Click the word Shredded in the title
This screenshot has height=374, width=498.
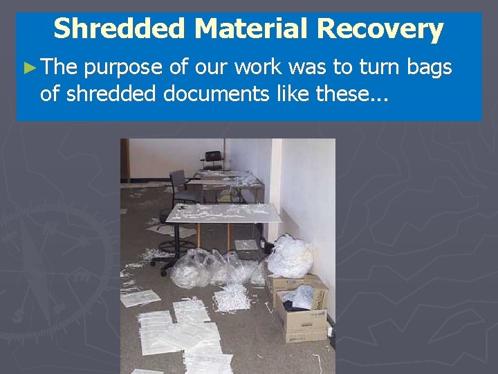coord(120,29)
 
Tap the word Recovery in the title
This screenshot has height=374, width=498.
coord(380,29)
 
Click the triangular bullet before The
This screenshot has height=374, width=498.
coord(28,68)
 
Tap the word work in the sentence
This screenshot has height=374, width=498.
coord(268,67)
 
